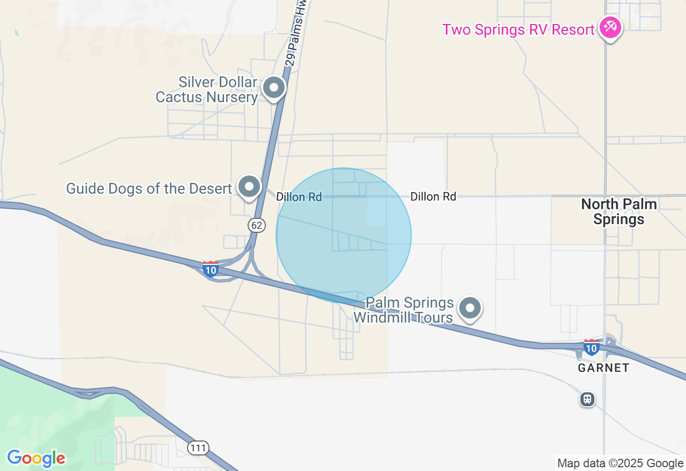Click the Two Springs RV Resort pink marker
coord(610,27)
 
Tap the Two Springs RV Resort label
coord(518,29)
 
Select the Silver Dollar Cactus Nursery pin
coord(274,87)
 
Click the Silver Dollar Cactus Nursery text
coord(207,90)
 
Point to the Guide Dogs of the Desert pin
coord(249,187)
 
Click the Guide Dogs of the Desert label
coord(149,188)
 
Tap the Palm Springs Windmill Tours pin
coord(471,308)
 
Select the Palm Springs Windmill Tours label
coord(404,310)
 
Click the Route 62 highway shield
coord(257,225)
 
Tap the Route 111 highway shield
coord(198,447)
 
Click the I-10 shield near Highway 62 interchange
coord(211,268)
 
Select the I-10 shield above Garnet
coord(591,347)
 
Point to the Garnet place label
coord(603,368)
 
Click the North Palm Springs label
coord(619,211)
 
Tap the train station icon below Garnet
coord(587,399)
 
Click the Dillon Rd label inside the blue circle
coord(299,197)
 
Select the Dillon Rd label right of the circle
coord(433,196)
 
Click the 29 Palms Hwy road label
coord(299,32)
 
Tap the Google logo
coord(36,458)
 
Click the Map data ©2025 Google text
coord(620,464)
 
